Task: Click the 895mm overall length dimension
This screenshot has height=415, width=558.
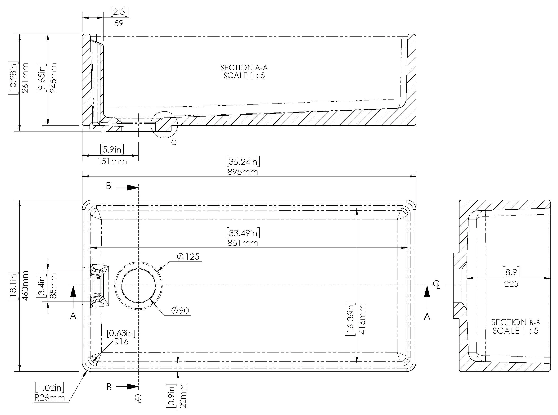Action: point(243,172)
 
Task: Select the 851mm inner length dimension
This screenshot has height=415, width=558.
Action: point(243,243)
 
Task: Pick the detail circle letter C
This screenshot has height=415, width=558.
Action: point(174,142)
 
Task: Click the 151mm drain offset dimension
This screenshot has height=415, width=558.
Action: point(112,161)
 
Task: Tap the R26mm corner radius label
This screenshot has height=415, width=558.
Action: point(49,398)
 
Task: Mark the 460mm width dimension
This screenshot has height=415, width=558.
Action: point(25,285)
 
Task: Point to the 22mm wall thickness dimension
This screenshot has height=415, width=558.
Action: point(184,396)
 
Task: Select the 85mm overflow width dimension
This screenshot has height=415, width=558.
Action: point(53,286)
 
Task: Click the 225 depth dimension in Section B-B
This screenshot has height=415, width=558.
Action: point(511,284)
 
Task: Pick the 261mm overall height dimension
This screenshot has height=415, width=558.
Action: point(25,78)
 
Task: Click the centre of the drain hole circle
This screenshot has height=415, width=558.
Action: point(138,286)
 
